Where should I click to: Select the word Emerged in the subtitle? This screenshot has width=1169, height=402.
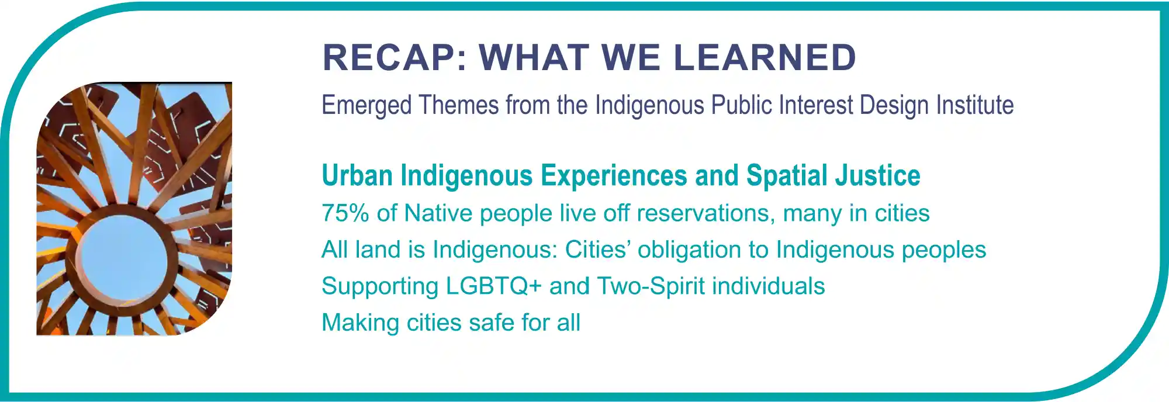point(366,106)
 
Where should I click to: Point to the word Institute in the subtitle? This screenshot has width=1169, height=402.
point(975,105)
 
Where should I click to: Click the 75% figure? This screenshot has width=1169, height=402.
point(345,213)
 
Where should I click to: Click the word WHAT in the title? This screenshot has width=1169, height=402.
point(534,57)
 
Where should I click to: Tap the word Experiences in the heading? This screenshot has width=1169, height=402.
point(614,176)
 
